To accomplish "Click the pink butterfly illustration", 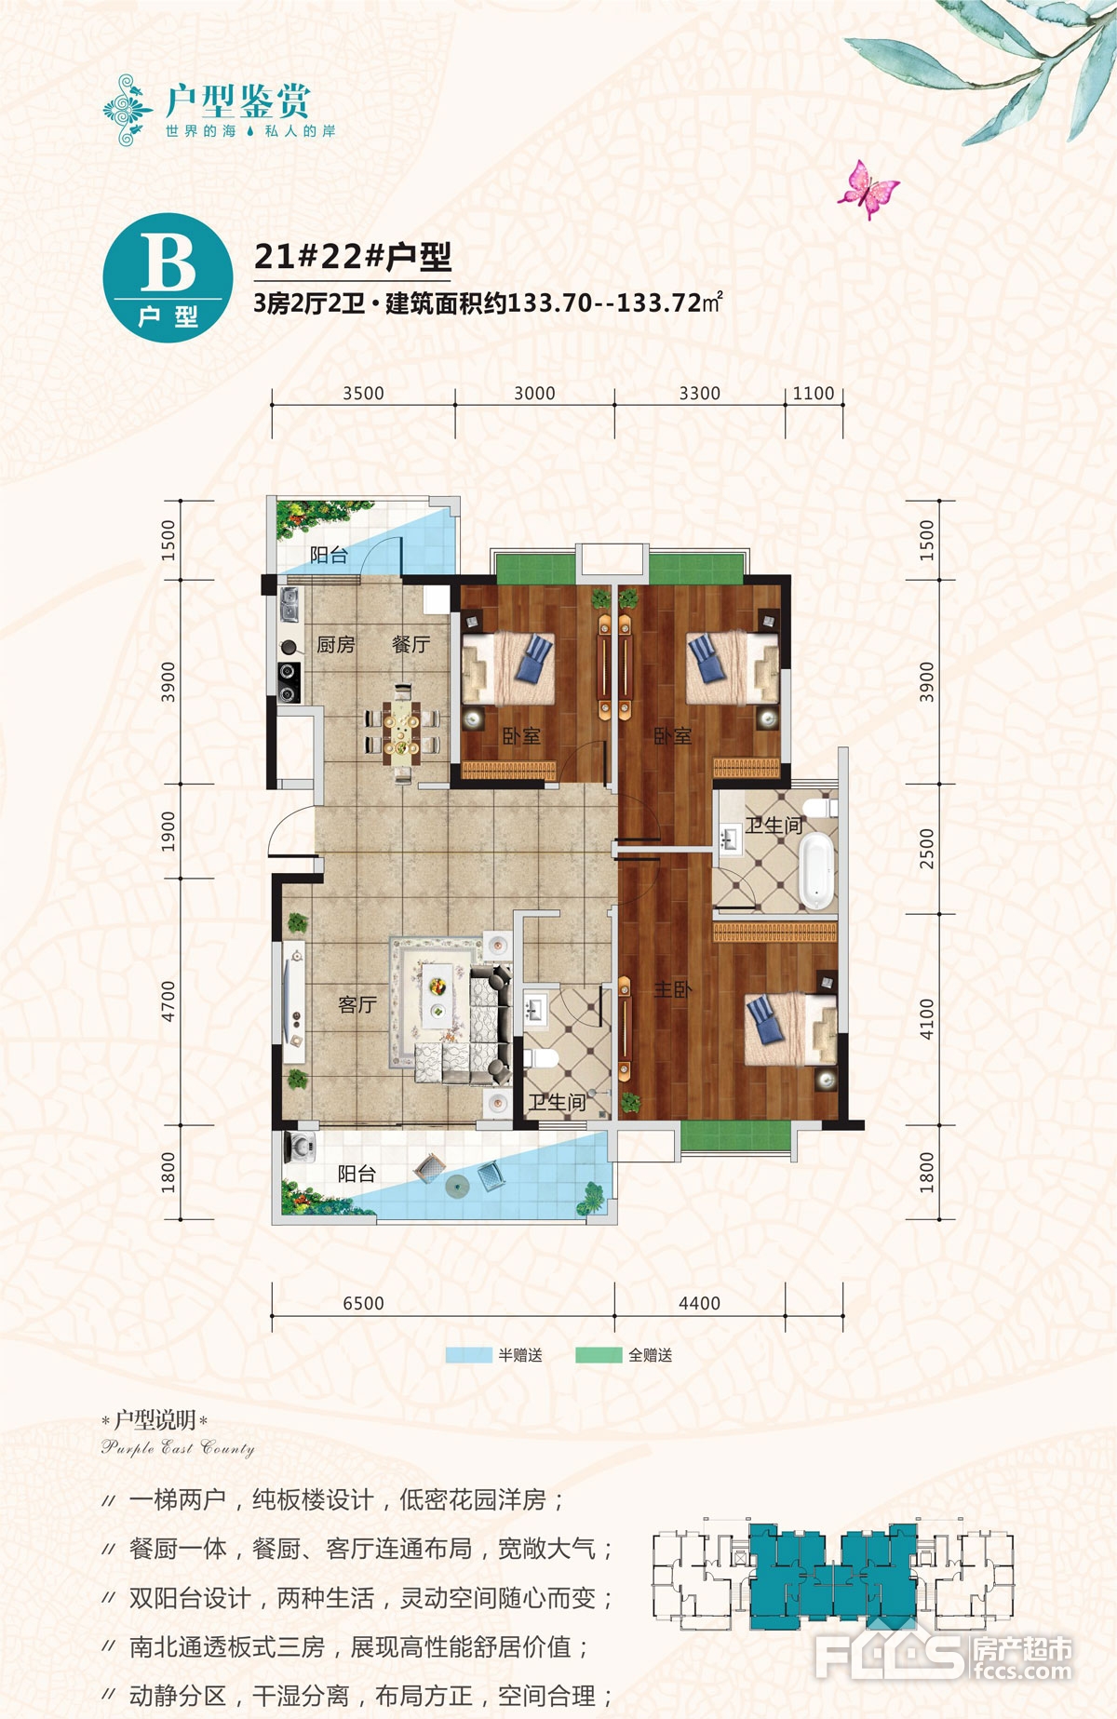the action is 868,189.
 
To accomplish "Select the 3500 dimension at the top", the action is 363,393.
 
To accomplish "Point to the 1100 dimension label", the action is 814,393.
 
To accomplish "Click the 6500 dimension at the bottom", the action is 363,1303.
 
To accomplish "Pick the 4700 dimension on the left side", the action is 168,1001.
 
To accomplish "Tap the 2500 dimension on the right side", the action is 926,848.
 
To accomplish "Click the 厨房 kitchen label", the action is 336,644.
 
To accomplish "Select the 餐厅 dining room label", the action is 410,644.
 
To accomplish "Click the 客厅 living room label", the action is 357,1004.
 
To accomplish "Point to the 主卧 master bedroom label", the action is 672,989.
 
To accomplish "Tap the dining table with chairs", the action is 402,732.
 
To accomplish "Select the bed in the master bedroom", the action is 790,1029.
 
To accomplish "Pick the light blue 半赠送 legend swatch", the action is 468,1355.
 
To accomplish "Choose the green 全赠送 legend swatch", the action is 599,1355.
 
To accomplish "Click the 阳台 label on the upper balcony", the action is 329,556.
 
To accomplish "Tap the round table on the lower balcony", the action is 457,1185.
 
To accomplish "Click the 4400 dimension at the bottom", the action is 699,1303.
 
